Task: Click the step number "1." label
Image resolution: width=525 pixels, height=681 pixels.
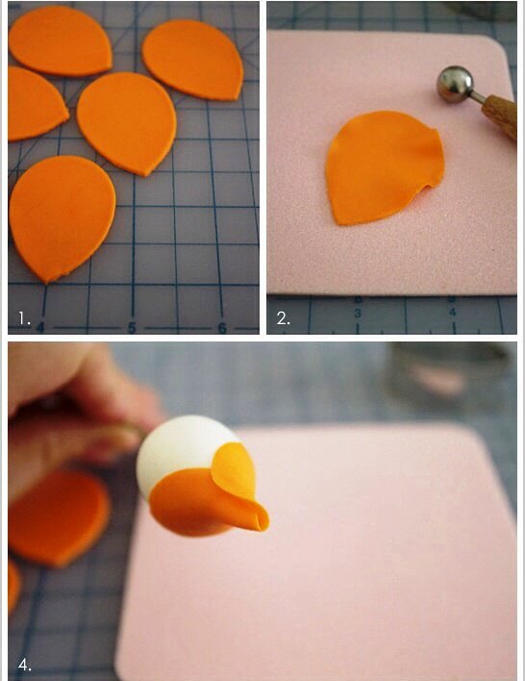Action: [24, 319]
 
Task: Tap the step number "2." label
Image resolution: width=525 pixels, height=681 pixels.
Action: [283, 319]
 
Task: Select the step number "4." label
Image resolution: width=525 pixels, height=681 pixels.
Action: [24, 665]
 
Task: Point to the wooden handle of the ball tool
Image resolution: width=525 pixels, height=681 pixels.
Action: [500, 116]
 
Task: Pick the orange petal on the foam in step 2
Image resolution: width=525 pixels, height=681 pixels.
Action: [385, 167]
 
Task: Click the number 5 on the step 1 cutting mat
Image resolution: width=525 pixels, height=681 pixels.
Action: [132, 328]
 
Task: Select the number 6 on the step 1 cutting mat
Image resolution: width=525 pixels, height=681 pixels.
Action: [222, 328]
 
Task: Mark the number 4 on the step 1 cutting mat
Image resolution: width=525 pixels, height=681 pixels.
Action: [40, 327]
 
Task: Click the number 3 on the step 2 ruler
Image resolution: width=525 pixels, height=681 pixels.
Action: [358, 314]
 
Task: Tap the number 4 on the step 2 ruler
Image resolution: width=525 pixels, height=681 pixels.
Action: [453, 312]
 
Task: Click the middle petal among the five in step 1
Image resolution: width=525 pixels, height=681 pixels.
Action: [127, 122]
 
